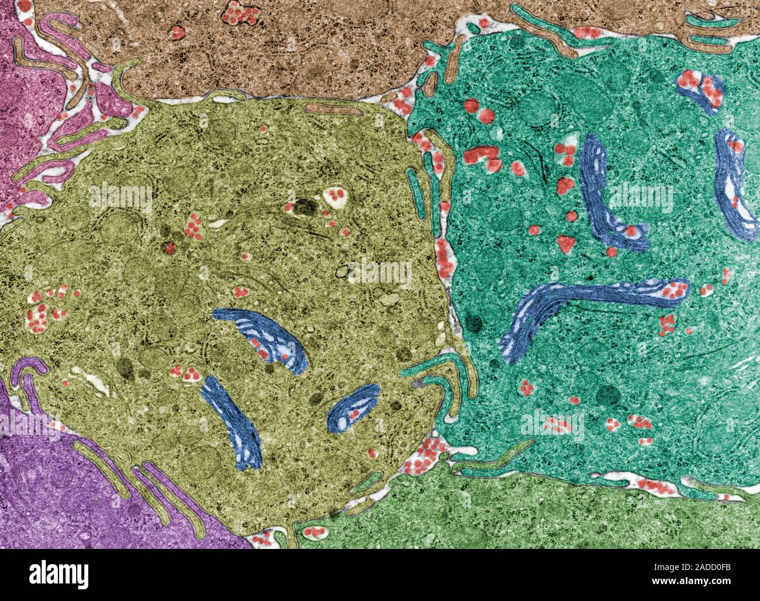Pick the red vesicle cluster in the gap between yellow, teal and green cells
coord(430,459)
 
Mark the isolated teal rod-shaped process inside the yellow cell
coord(416,190)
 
